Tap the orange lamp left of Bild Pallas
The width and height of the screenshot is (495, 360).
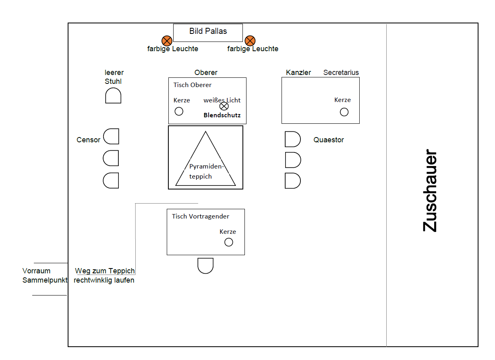pos(167,41)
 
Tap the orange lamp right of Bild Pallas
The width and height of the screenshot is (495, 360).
pos(250,41)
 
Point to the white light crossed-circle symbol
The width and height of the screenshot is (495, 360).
pos(224,106)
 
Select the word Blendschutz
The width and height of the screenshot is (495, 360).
pos(222,115)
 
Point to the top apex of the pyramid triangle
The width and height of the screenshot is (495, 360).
pos(205,131)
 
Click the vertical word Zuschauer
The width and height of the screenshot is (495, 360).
pos(430,191)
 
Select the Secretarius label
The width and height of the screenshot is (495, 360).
pos(341,73)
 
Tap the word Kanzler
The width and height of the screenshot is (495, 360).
pos(298,73)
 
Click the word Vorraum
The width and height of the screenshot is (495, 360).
pos(37,271)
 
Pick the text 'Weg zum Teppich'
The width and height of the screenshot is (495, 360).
pos(105,271)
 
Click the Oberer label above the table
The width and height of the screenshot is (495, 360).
pos(206,73)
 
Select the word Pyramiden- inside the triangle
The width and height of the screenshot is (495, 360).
pos(207,166)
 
